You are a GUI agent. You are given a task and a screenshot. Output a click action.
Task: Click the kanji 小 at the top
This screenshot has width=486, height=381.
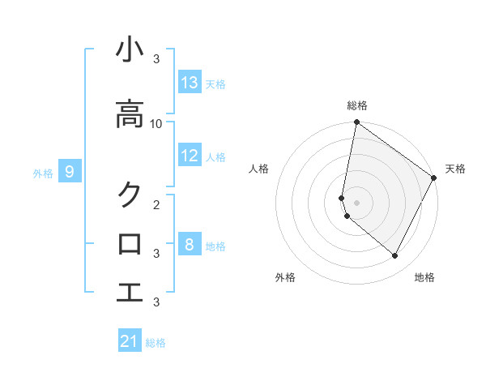[x=130, y=50]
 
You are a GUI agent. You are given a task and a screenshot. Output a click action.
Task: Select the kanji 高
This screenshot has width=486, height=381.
[x=130, y=114]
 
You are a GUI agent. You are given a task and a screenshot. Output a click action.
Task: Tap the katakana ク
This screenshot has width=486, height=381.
[x=130, y=195]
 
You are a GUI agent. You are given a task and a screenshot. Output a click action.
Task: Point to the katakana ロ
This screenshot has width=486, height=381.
[x=130, y=243]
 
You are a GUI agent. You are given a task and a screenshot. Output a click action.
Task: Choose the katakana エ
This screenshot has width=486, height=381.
[x=130, y=292]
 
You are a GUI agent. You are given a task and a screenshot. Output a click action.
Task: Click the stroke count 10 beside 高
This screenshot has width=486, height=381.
[x=156, y=123]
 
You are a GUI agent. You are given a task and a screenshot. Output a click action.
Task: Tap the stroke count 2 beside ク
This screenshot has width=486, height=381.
[x=156, y=203]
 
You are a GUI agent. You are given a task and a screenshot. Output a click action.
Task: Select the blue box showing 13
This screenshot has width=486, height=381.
[x=190, y=83]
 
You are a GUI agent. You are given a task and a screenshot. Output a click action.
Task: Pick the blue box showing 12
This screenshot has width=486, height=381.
[x=190, y=156]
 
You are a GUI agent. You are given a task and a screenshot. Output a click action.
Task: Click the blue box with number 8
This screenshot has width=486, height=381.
[x=190, y=244]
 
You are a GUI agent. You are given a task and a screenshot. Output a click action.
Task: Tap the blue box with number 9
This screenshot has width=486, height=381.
[x=70, y=172]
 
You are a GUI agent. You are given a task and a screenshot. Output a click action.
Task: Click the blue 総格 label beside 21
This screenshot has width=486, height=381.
[x=156, y=343]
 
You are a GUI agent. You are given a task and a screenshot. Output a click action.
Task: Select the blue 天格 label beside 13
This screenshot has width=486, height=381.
[x=215, y=84]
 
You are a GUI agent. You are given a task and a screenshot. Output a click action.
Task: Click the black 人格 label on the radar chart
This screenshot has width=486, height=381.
[x=259, y=169]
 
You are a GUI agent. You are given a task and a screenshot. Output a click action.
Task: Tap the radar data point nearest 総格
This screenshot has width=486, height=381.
[x=356, y=123]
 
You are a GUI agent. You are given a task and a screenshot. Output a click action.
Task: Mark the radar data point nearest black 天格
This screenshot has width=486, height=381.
[x=435, y=178]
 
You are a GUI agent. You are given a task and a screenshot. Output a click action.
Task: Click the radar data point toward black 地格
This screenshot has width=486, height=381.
[x=395, y=256]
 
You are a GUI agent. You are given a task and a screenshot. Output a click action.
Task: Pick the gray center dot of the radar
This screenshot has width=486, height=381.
[x=356, y=203]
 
